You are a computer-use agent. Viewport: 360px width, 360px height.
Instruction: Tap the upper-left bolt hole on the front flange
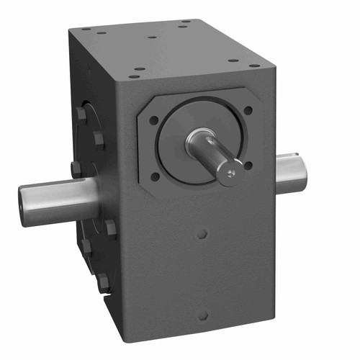[x=154, y=120]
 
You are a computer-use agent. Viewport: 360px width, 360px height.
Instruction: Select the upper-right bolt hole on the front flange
[x=248, y=111]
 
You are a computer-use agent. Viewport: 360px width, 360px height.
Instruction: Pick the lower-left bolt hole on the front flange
[x=155, y=176]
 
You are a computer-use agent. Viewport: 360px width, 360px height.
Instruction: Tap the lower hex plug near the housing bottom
[x=202, y=315]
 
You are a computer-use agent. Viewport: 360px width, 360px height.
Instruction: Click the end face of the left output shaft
[x=27, y=204]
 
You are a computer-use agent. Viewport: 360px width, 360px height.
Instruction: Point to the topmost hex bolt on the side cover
[x=81, y=114]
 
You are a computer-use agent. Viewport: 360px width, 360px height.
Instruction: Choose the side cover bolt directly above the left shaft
[x=76, y=170]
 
